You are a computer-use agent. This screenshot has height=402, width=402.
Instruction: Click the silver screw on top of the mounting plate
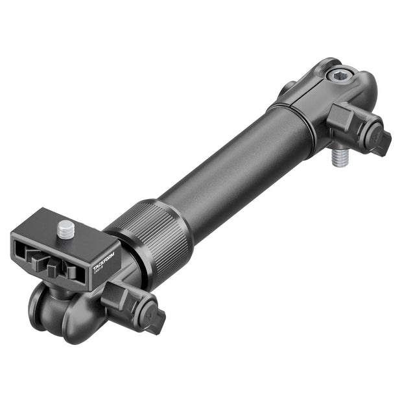[66, 228]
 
